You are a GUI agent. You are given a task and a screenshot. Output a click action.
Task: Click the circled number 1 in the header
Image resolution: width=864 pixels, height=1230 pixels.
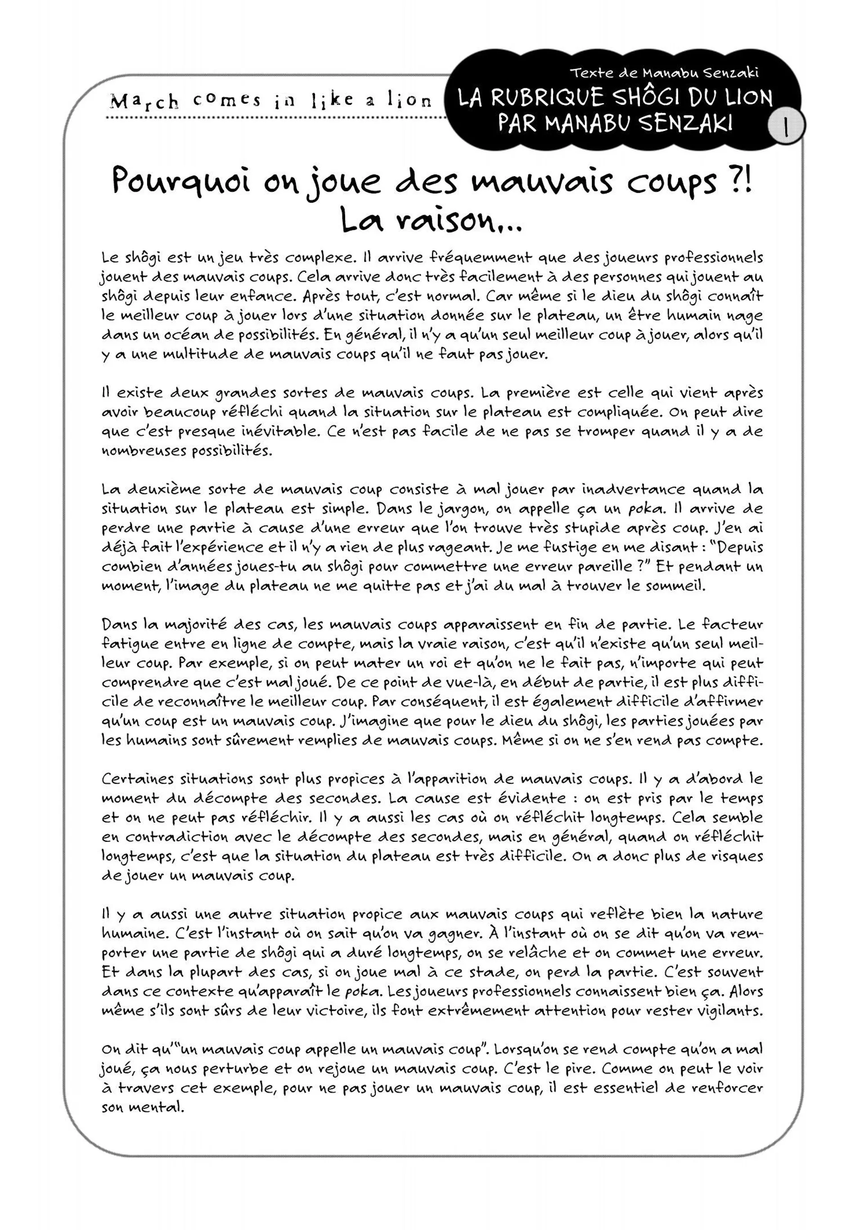pyautogui.click(x=785, y=128)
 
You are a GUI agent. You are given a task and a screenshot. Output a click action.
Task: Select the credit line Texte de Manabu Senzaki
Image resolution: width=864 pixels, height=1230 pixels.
pyautogui.click(x=664, y=72)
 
